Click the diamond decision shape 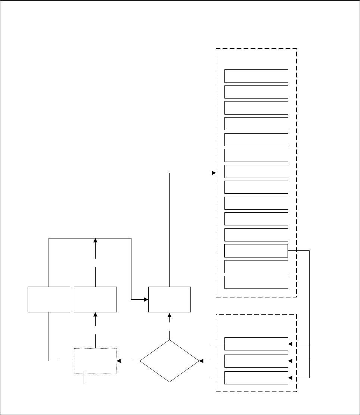[170, 361]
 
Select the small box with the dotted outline [96, 361]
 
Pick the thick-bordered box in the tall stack [256, 251]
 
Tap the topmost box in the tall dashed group [256, 76]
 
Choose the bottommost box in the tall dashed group [256, 282]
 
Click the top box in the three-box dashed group [256, 344]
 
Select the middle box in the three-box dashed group [256, 361]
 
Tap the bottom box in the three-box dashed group [256, 378]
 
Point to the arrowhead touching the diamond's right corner [202, 361]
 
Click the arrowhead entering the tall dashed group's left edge [214, 173]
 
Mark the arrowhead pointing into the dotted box [119, 361]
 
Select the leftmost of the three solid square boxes [49, 299]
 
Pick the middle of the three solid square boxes [96, 299]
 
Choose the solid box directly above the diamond [170, 299]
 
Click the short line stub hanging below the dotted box [84, 378]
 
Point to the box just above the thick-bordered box [256, 235]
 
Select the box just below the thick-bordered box [256, 266]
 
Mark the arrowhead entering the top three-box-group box [290, 344]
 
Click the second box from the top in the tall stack [256, 92]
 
